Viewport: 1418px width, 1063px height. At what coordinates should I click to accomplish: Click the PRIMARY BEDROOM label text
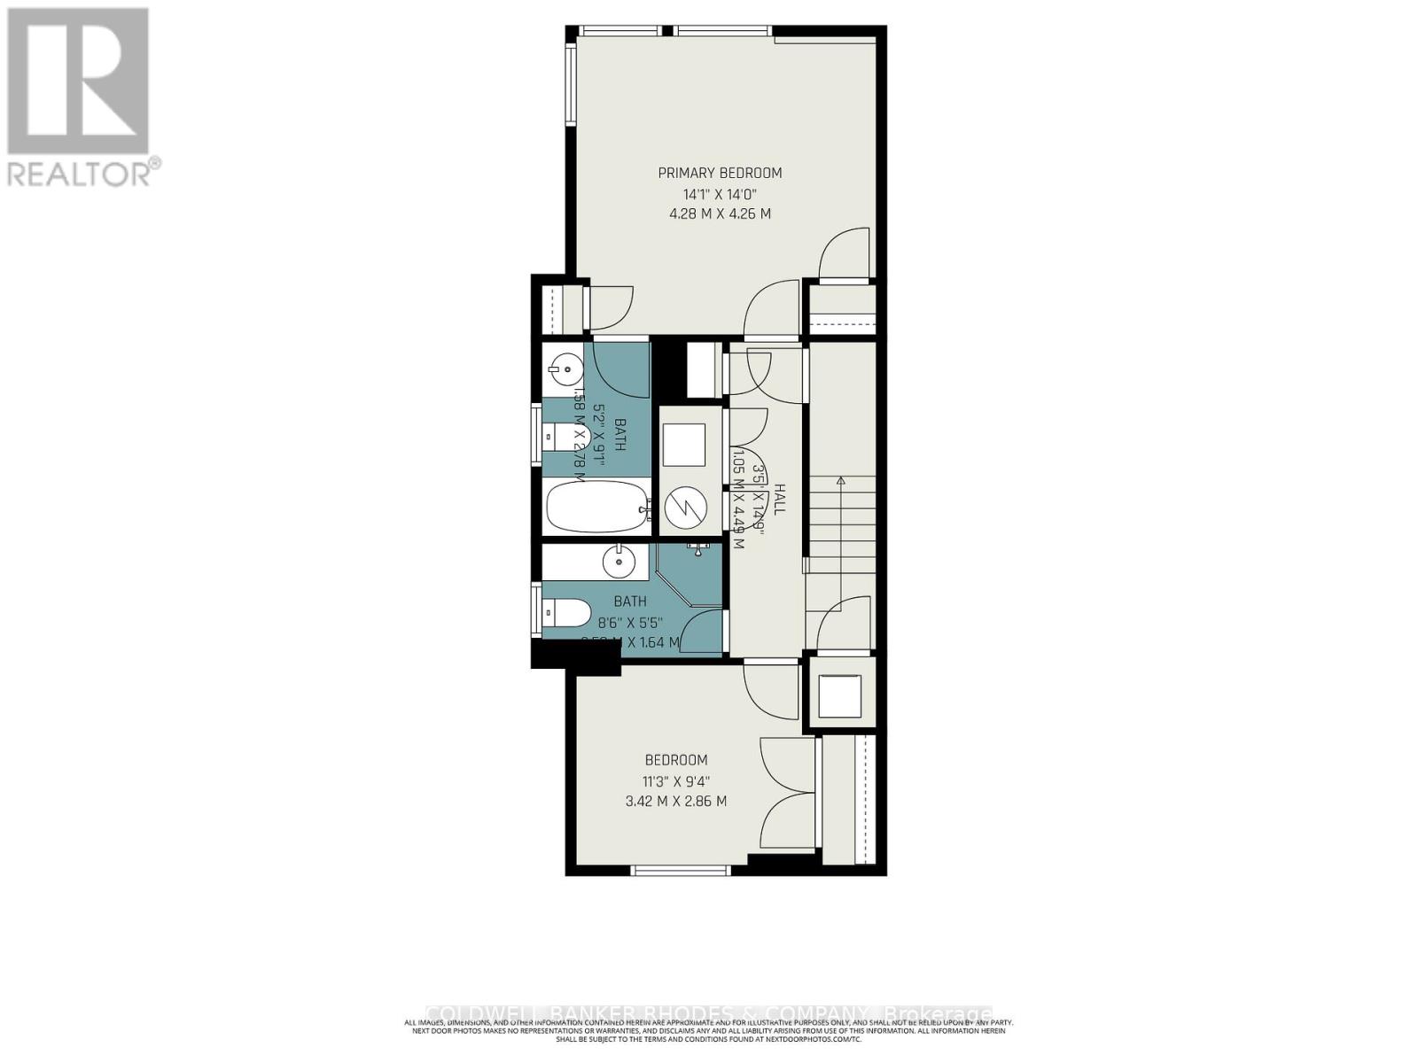(720, 173)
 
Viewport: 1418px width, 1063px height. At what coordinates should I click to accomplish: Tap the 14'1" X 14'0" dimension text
(720, 194)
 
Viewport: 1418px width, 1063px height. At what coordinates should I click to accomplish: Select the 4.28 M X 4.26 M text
(720, 214)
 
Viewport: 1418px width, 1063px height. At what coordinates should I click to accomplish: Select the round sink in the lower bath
(618, 561)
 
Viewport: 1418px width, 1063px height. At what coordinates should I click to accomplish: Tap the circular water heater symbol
(684, 507)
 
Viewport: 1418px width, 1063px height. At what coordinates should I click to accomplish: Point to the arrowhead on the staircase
(840, 481)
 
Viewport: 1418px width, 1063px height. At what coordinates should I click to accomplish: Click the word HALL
(779, 499)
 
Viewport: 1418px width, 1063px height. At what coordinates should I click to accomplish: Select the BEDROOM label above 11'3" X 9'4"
(675, 760)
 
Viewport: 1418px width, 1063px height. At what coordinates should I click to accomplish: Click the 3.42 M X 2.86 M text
(675, 801)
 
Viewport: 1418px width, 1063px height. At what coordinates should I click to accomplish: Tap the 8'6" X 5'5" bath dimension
(630, 622)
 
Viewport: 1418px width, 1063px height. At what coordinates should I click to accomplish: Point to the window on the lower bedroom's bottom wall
(681, 870)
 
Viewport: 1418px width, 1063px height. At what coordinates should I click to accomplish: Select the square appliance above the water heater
(684, 445)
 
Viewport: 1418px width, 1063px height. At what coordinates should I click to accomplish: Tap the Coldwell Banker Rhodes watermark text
(709, 1013)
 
